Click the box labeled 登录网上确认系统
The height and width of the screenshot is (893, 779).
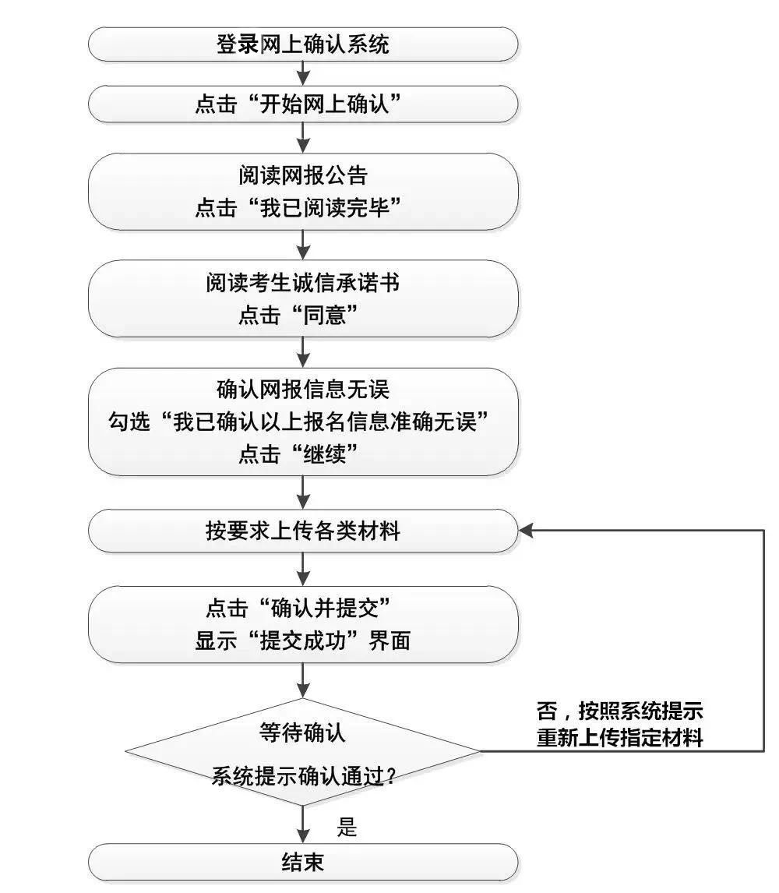(302, 44)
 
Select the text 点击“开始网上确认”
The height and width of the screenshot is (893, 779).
(302, 104)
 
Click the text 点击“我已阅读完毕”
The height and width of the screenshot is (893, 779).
(302, 208)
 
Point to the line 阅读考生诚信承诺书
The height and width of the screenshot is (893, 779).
(302, 282)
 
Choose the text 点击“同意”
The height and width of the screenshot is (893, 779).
(302, 316)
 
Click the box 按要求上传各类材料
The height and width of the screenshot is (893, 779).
(302, 531)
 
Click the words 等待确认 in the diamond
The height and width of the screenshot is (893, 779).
(302, 732)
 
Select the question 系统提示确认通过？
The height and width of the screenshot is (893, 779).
(302, 776)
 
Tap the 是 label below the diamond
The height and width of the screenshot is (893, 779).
(347, 827)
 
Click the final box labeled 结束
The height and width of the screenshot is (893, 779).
(302, 863)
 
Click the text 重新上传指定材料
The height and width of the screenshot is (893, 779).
(620, 738)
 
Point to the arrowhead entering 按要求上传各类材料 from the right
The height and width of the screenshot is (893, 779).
(527, 531)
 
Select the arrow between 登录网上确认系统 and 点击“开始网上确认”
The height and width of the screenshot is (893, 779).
(303, 74)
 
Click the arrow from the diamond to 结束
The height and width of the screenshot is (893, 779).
(303, 822)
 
